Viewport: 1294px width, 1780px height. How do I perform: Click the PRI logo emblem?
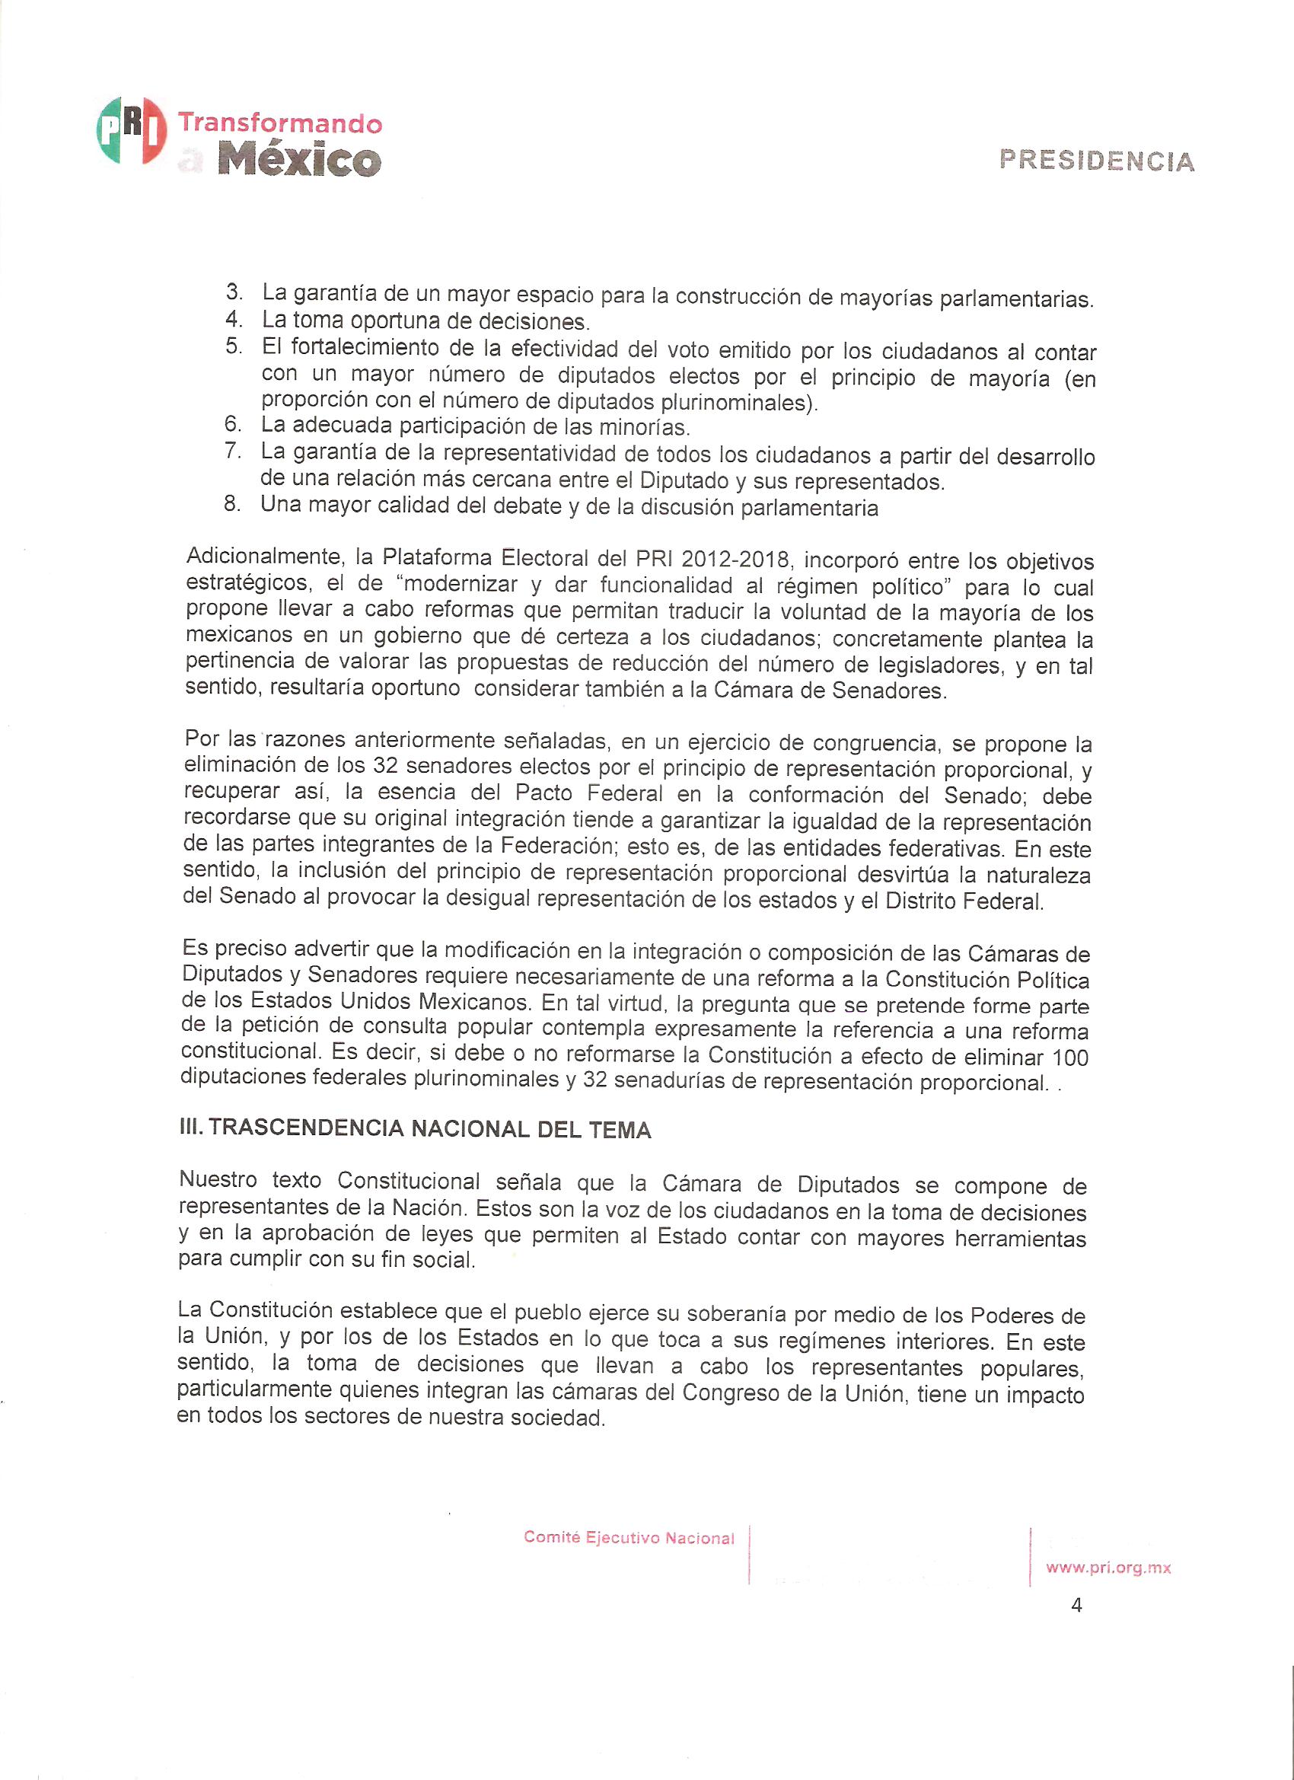[131, 130]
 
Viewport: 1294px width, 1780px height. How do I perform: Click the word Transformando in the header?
[280, 123]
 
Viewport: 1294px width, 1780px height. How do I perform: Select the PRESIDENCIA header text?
[1096, 160]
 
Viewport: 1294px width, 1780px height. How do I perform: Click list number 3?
[234, 292]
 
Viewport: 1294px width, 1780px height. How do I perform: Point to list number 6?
[232, 425]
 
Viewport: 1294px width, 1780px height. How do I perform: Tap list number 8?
[231, 504]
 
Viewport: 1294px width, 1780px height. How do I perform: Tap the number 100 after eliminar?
[1070, 1057]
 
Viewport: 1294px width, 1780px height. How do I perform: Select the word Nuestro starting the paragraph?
[218, 1179]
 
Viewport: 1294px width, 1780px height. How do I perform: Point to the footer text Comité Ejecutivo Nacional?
[629, 1538]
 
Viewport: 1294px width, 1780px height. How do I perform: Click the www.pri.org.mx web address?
[1108, 1568]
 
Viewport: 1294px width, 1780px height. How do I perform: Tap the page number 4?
[1076, 1606]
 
